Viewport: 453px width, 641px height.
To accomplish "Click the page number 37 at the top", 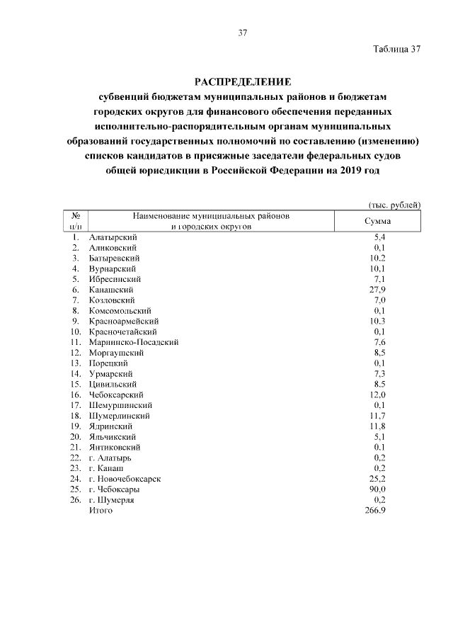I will (242, 33).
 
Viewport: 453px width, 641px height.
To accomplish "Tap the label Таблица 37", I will (396, 49).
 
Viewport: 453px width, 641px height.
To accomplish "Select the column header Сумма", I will (378, 221).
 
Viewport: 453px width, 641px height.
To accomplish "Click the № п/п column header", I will (75, 221).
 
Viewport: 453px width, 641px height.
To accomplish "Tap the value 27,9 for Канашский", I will (378, 290).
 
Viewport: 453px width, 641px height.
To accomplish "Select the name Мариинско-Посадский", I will (134, 342).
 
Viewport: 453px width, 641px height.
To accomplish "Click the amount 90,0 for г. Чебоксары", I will (378, 489).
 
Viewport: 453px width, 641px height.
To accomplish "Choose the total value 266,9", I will (375, 511).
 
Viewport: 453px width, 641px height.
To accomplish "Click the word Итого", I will (101, 511).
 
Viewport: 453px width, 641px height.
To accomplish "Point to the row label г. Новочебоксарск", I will (125, 479).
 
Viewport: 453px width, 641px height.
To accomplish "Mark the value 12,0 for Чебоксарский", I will (378, 395).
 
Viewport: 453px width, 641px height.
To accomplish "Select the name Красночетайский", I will (123, 331).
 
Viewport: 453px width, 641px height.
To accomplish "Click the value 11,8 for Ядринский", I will (378, 426).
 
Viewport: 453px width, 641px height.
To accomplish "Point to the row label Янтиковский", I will (115, 448).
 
